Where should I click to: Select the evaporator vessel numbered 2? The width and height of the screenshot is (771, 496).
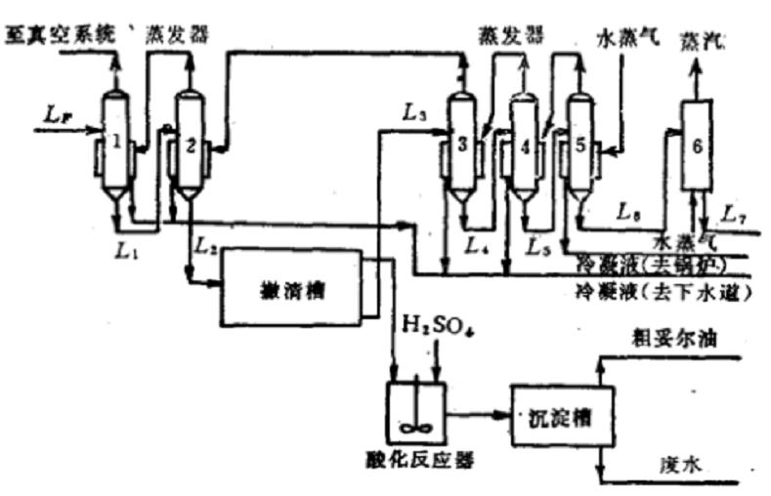(190, 146)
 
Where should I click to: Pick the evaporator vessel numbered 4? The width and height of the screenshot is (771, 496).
(524, 148)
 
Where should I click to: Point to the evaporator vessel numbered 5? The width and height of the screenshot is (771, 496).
(581, 146)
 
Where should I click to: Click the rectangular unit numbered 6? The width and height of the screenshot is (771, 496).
(696, 145)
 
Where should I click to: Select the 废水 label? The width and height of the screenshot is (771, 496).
(680, 469)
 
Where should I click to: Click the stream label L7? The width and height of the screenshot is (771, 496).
(733, 211)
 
